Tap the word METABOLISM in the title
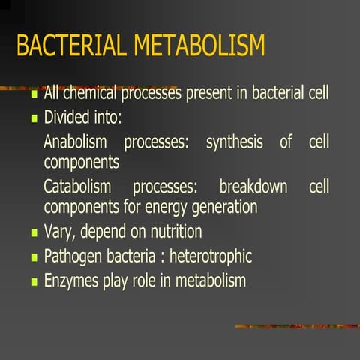coord(199,46)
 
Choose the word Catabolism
coord(77,187)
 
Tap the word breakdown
coord(253,187)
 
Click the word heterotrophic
coord(211,256)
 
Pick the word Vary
coord(58,232)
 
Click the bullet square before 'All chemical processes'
coord(33,97)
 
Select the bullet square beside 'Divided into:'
coord(33,119)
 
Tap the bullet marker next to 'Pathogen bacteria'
coord(33,257)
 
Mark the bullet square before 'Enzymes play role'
coord(33,282)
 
